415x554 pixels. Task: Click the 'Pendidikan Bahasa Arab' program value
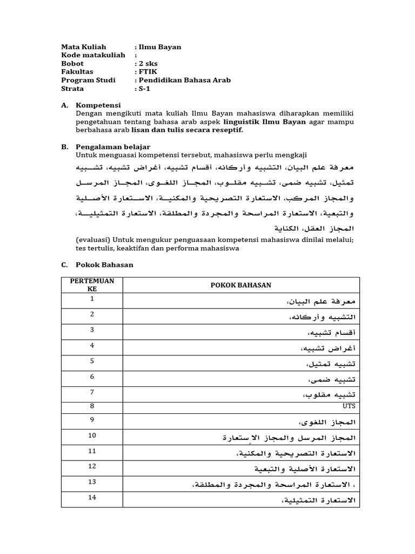[184, 80]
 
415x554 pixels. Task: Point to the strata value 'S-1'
[144, 88]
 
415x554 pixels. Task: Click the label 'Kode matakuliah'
[93, 55]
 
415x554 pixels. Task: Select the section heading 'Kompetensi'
[98, 105]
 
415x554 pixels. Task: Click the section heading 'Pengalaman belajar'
[113, 147]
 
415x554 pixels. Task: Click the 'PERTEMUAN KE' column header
[92, 285]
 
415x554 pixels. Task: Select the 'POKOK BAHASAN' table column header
[241, 285]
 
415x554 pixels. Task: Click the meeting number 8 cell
[92, 406]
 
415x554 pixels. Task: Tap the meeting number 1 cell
[92, 299]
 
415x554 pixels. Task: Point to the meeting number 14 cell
[92, 497]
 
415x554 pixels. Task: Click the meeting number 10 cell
[92, 435]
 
